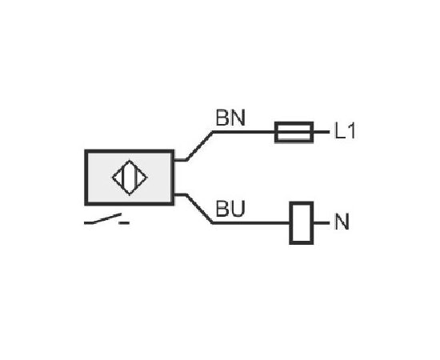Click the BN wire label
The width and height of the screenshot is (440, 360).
pos(230,118)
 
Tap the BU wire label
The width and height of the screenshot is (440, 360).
pos(230,209)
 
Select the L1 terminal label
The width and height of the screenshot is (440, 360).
pos(345,130)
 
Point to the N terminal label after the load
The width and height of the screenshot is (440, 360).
pos(342,222)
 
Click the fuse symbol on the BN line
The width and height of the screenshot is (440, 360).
pos(294,132)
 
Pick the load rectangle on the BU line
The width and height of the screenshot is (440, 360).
pos(302,222)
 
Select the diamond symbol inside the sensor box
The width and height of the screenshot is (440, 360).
pos(130,178)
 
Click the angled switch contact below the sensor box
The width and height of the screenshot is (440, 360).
pos(102,219)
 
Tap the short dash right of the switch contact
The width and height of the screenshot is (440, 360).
pos(124,223)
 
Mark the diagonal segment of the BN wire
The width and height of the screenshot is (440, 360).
pos(199,146)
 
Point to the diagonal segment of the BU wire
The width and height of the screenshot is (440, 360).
pos(199,209)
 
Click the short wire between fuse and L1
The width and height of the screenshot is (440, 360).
pos(322,132)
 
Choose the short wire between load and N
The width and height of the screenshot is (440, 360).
pos(322,222)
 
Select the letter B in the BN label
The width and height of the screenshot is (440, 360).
pos(222,118)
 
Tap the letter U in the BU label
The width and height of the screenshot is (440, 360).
pos(238,209)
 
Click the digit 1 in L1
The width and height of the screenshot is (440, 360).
pos(352,130)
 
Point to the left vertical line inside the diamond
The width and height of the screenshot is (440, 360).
pos(122,178)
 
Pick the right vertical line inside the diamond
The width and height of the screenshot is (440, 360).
pos(136,178)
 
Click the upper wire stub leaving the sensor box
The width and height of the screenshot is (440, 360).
pos(180,160)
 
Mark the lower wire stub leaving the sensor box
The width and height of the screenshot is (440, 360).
pos(180,194)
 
